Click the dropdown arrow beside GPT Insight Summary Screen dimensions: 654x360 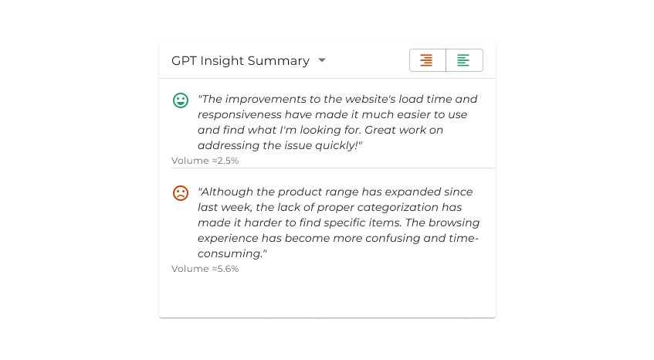click(321, 60)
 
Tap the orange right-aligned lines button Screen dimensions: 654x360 click(428, 60)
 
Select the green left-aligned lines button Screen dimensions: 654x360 click(464, 60)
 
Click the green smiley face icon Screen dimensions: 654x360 click(181, 100)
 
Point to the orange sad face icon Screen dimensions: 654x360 click(181, 192)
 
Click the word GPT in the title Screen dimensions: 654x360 click(184, 60)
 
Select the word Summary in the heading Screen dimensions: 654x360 click(279, 61)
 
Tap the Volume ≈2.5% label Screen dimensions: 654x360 click(205, 161)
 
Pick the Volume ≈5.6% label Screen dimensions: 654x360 click(205, 269)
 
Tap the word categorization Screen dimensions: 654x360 click(398, 207)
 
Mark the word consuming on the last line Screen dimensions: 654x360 click(229, 253)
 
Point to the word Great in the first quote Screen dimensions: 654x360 click(380, 130)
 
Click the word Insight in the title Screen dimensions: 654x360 click(222, 61)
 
